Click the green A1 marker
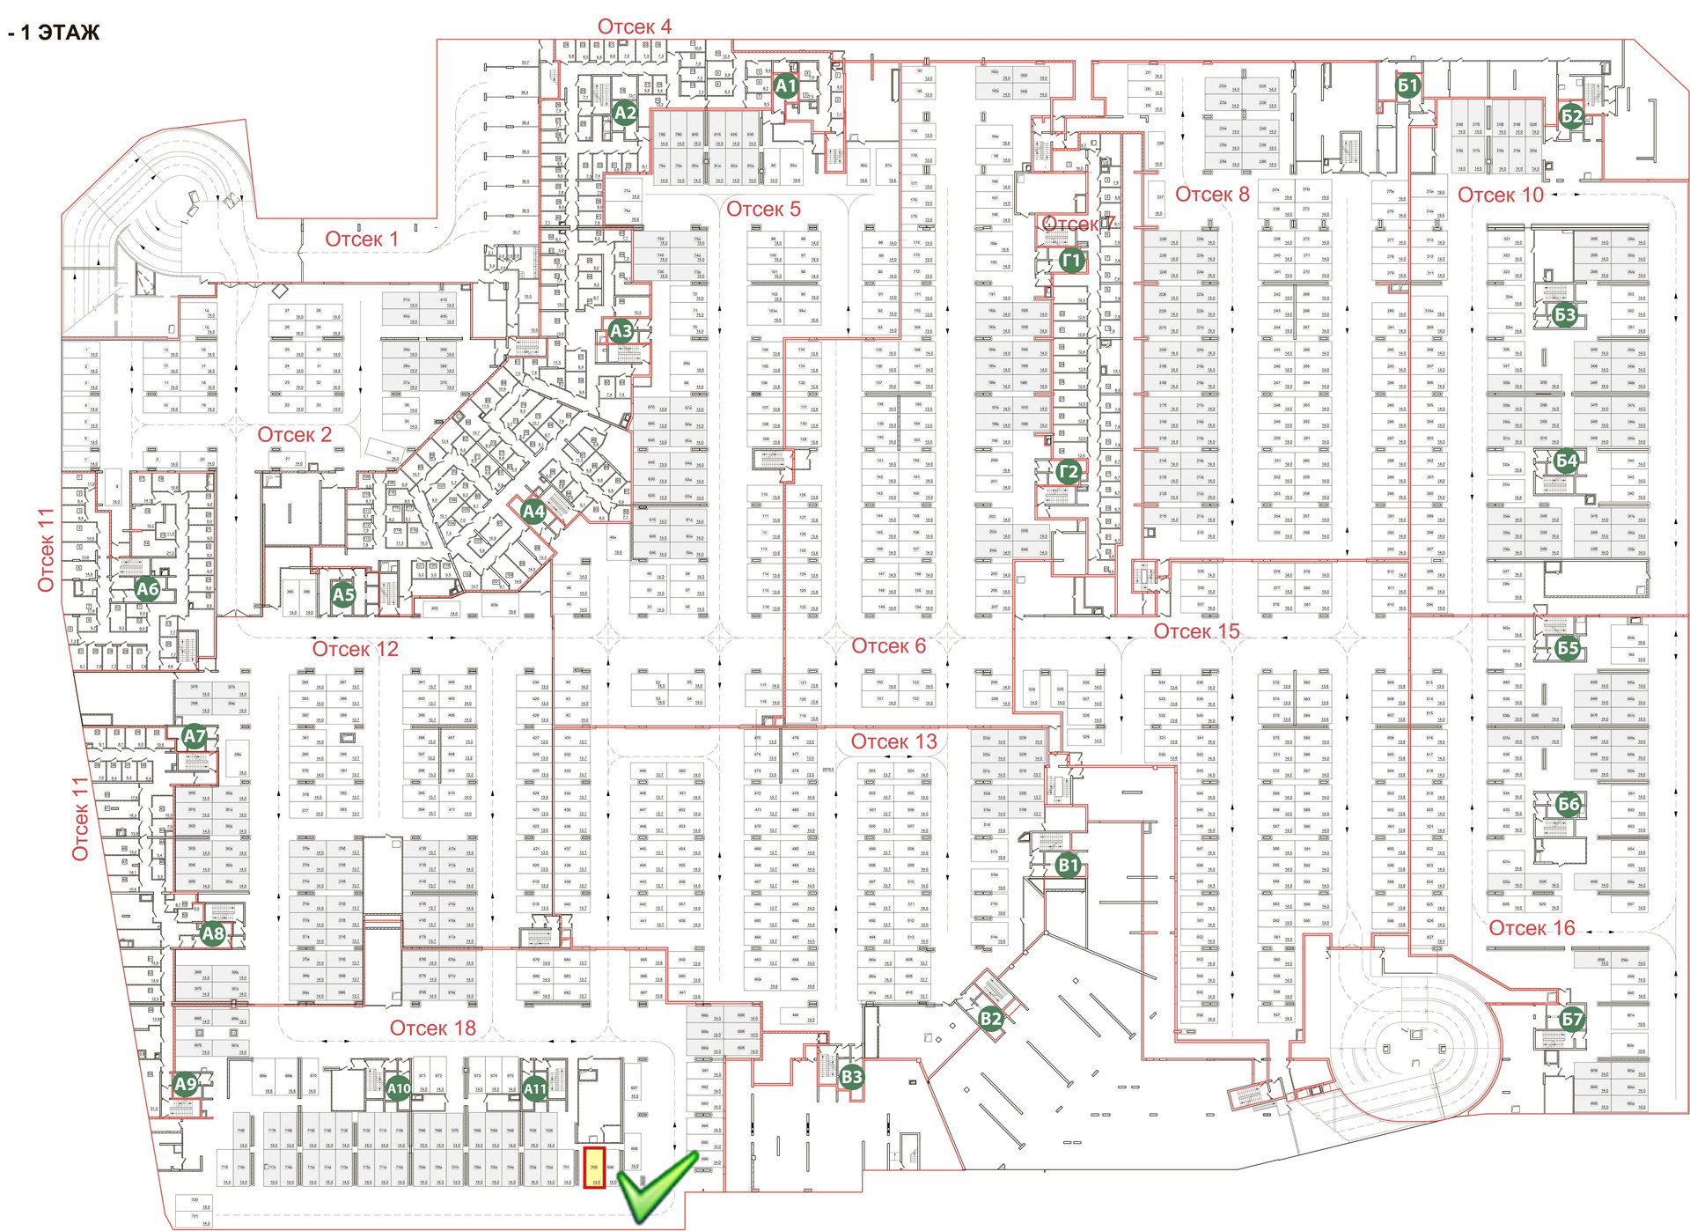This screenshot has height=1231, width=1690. tap(785, 86)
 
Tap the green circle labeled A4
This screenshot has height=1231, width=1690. tap(533, 511)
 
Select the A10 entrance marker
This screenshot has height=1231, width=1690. tap(399, 1088)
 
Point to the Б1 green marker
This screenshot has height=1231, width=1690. tap(1407, 85)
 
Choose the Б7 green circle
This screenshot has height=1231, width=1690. tap(1571, 1019)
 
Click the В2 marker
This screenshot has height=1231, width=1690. tap(991, 1019)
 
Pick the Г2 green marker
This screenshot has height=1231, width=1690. tap(1068, 472)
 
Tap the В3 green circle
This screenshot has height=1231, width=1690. tap(852, 1076)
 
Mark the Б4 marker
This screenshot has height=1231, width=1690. tap(1567, 461)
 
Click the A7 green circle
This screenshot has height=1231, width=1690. tap(194, 736)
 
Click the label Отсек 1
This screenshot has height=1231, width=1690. tap(362, 239)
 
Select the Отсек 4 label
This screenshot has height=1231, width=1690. tap(634, 26)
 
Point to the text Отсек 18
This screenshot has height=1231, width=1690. tap(432, 1028)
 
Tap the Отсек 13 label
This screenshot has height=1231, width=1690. tap(893, 741)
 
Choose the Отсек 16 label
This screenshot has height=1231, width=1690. tap(1532, 928)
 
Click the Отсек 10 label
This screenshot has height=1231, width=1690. tap(1500, 195)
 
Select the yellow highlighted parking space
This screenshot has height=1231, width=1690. tap(594, 1168)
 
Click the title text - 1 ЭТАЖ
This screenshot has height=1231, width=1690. tap(54, 33)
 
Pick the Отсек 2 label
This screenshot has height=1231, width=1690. tap(294, 435)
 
